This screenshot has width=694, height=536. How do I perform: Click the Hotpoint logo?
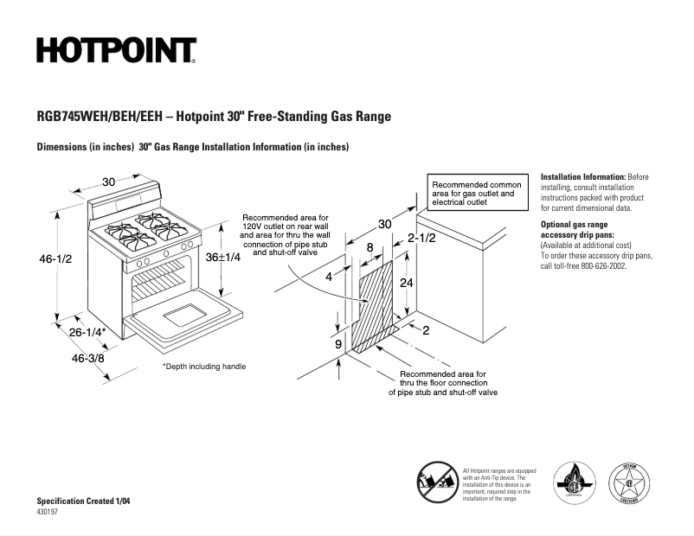click(116, 51)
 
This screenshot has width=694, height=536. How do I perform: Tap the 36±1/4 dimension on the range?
click(222, 257)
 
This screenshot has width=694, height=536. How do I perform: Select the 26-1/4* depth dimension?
click(88, 332)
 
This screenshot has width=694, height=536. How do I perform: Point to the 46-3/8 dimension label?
click(88, 357)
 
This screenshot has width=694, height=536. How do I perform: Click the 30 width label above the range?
click(108, 182)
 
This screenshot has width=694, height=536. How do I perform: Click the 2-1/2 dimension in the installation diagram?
click(421, 237)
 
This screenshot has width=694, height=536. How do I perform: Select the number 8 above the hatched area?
click(369, 247)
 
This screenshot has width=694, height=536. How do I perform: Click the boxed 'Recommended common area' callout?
click(477, 195)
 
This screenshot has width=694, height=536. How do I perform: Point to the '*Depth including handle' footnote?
click(204, 367)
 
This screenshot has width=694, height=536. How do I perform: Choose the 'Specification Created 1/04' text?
click(84, 501)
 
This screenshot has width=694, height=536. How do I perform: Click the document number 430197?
click(48, 512)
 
